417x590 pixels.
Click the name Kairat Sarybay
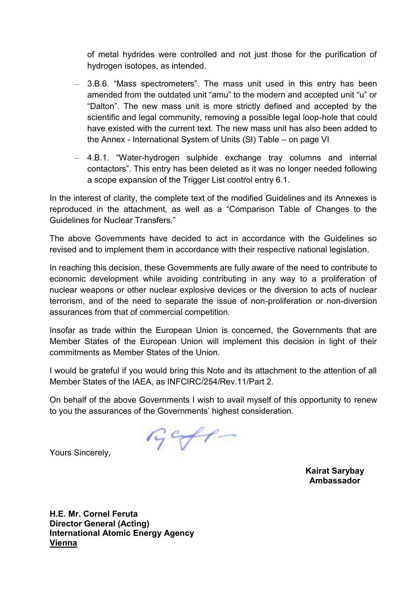[x=334, y=471]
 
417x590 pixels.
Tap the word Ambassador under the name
[x=334, y=481]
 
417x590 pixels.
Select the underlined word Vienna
[x=63, y=543]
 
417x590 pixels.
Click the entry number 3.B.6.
[x=98, y=84]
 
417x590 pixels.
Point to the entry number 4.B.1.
[x=98, y=158]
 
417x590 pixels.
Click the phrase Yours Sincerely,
[x=80, y=453]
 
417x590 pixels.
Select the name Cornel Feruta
[x=110, y=514]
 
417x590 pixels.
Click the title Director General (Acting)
[x=99, y=524]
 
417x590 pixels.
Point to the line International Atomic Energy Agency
[x=122, y=533]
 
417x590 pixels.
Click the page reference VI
[x=325, y=140]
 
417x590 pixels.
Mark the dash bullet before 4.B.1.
[x=77, y=158]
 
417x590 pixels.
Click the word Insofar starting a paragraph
[x=62, y=330]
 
